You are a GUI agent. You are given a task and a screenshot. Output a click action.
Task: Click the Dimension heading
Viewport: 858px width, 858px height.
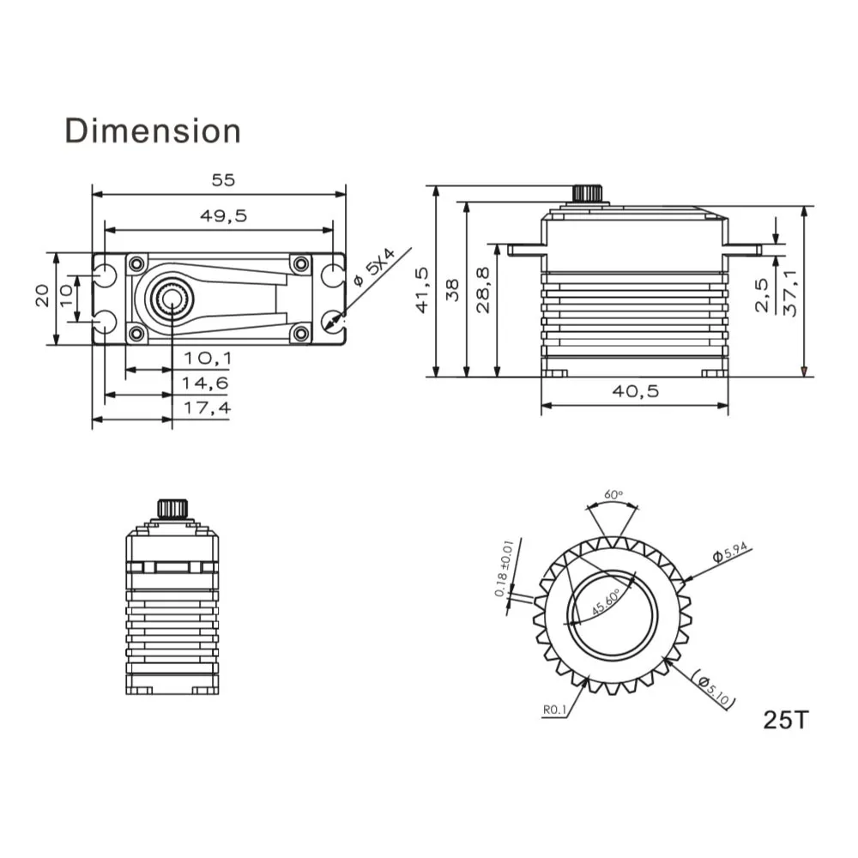click(153, 131)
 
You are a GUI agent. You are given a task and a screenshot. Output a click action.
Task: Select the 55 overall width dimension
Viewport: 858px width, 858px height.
click(223, 180)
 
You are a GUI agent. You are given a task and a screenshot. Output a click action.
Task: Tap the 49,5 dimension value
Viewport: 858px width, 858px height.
click(223, 216)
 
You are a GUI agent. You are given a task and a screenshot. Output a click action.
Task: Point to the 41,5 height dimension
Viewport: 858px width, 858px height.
click(421, 289)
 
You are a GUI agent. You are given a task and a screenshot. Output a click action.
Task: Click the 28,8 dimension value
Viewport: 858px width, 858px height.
click(483, 289)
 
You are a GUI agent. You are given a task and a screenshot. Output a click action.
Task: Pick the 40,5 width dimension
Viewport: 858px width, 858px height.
click(635, 391)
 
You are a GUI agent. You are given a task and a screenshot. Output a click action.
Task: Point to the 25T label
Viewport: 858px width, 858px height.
click(785, 719)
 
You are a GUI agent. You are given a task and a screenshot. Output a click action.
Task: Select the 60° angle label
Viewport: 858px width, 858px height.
click(613, 495)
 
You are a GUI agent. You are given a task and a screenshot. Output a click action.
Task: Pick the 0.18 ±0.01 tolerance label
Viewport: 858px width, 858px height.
click(504, 569)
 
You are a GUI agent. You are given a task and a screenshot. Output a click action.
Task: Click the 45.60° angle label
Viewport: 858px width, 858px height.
click(606, 603)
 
